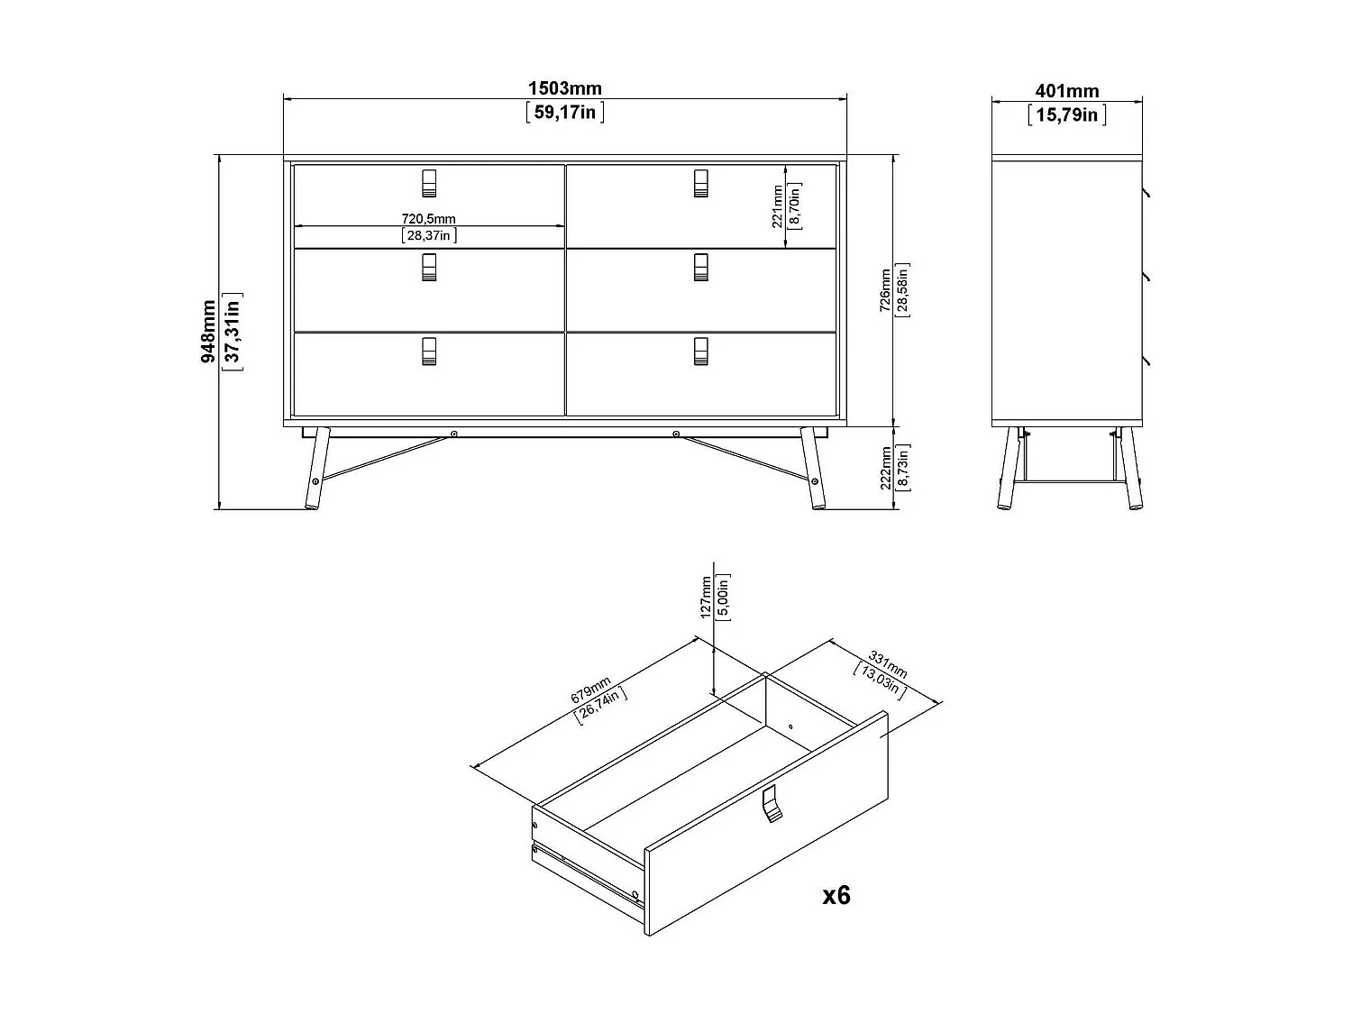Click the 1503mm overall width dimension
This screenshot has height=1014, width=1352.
tap(564, 88)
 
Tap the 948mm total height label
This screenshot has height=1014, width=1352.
tap(209, 332)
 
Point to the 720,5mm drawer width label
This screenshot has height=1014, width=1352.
tap(428, 219)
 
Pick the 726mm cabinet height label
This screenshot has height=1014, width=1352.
tap(885, 290)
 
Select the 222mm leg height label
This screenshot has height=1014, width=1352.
tap(885, 468)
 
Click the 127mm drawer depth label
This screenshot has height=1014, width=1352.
tap(706, 596)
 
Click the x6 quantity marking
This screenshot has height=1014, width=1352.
tap(836, 894)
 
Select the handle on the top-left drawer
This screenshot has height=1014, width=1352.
tap(429, 182)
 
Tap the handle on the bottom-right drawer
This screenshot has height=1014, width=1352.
tap(700, 352)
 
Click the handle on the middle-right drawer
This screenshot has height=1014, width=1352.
tap(700, 267)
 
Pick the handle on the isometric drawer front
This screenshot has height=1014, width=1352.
tap(770, 803)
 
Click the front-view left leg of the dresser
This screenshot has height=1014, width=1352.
tap(315, 468)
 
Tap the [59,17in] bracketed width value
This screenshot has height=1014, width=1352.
tap(564, 113)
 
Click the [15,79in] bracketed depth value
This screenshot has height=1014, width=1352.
tap(1066, 114)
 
